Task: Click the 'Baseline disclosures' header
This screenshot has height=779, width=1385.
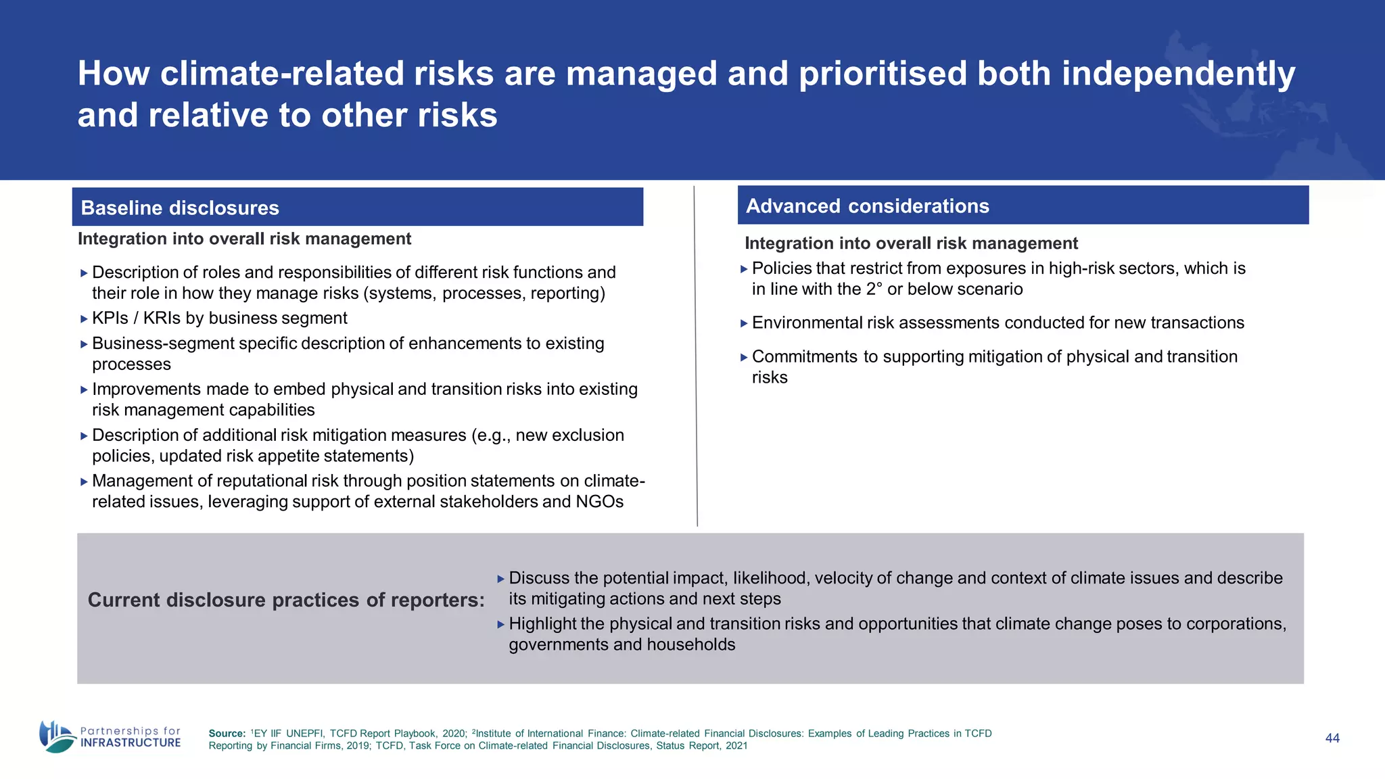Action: pos(180,208)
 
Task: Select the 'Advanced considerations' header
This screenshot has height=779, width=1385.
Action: pos(867,206)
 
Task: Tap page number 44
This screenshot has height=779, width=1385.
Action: pos(1332,738)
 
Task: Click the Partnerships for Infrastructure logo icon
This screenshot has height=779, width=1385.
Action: pos(57,736)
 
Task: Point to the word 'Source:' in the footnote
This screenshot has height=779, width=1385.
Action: pos(227,734)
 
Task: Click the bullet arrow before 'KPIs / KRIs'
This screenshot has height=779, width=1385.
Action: pos(84,319)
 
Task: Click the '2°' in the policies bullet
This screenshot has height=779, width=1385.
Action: pos(874,289)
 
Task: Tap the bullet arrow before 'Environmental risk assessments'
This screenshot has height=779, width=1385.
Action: pos(744,324)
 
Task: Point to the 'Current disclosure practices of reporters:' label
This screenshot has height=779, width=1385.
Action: pos(286,600)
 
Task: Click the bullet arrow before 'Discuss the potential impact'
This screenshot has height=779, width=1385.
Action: pos(501,579)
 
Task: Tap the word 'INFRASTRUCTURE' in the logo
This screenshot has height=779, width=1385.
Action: pos(131,742)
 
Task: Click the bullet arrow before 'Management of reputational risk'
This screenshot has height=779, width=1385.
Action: pos(84,482)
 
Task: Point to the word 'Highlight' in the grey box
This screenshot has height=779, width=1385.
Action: pos(542,623)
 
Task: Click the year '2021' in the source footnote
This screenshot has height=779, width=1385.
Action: pos(736,746)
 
